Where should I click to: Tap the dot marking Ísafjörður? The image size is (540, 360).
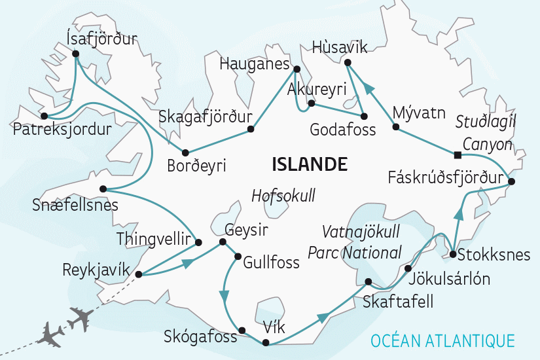tap(76, 54)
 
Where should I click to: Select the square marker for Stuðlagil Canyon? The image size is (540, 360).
tap(457, 154)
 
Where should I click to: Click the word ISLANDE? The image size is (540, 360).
tap(309, 162)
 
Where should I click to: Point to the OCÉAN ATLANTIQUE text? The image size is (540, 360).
tap(442, 340)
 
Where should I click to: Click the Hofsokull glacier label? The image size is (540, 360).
tap(283, 194)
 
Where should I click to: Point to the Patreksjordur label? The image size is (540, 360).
tap(62, 129)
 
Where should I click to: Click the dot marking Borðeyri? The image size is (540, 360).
tap(186, 151)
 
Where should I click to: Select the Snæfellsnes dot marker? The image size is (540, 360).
tap(103, 189)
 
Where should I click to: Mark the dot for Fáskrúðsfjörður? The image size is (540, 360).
tap(511, 181)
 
